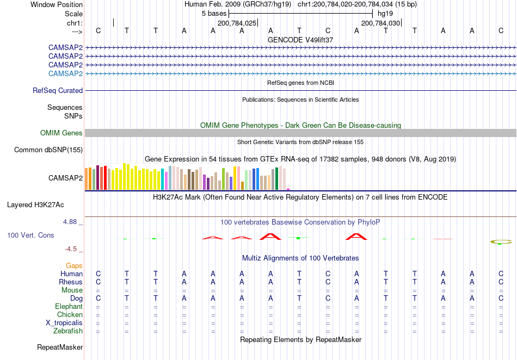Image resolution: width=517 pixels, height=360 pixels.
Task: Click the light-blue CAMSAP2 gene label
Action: (65, 73)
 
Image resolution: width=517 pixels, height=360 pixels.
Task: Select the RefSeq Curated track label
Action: (58, 91)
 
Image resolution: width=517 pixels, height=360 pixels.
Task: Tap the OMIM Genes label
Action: (61, 133)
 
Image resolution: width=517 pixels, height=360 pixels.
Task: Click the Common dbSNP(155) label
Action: (48, 150)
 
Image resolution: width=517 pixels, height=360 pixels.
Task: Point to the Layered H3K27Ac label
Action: (35, 205)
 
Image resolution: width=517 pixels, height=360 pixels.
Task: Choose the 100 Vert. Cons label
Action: (30, 235)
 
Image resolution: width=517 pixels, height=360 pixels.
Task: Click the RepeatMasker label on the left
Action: (60, 347)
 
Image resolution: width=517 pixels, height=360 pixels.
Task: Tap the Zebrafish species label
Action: (68, 331)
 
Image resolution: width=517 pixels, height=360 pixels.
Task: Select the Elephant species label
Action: (69, 306)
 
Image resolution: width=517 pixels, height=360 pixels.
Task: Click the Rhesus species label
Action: (71, 282)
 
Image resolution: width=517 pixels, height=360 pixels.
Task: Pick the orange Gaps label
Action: (74, 265)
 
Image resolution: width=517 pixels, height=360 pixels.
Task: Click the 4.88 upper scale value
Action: (70, 222)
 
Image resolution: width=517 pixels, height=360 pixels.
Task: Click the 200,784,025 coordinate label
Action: (237, 23)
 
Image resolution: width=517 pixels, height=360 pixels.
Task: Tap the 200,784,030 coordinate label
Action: (380, 23)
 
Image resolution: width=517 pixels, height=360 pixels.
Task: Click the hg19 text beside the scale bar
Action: (385, 14)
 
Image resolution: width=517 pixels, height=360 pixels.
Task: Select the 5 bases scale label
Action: (214, 14)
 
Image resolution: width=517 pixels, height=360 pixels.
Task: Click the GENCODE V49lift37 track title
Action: (300, 40)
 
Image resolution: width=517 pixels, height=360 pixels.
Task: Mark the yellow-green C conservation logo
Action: (501, 242)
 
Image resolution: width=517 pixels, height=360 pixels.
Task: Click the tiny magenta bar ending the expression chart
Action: (288, 189)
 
